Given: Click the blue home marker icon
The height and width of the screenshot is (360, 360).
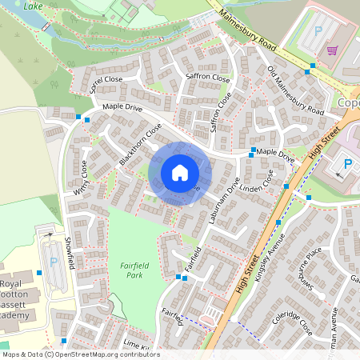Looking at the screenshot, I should (179, 173).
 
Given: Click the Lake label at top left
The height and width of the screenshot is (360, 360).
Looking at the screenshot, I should (33, 6).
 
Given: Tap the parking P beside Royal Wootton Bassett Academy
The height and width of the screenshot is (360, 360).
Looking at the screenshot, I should (54, 262).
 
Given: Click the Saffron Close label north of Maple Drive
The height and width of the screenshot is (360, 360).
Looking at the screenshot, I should (186, 76).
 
